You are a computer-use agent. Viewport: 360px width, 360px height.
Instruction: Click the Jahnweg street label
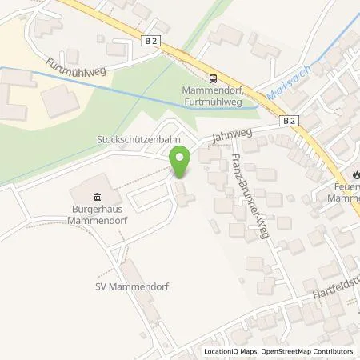[227, 134]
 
